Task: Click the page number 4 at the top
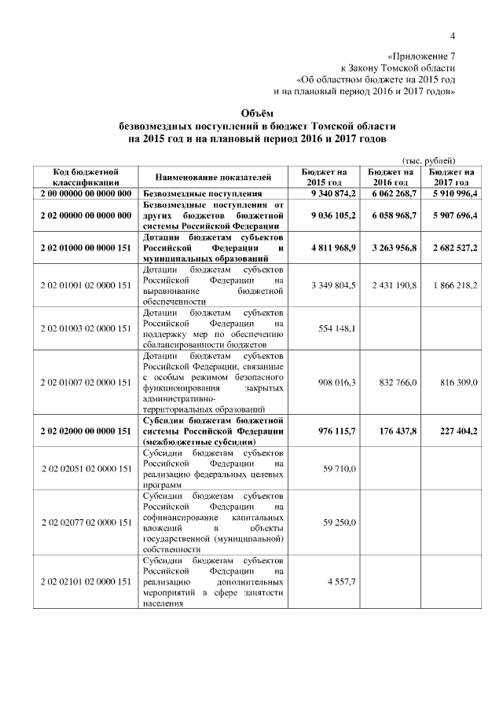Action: pos(453,35)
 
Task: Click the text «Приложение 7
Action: pos(422,57)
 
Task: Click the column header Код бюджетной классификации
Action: pos(85,176)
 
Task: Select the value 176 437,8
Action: pos(394,431)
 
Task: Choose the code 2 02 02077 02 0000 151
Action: pos(85,522)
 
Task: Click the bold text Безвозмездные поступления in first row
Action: pos(202,192)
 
